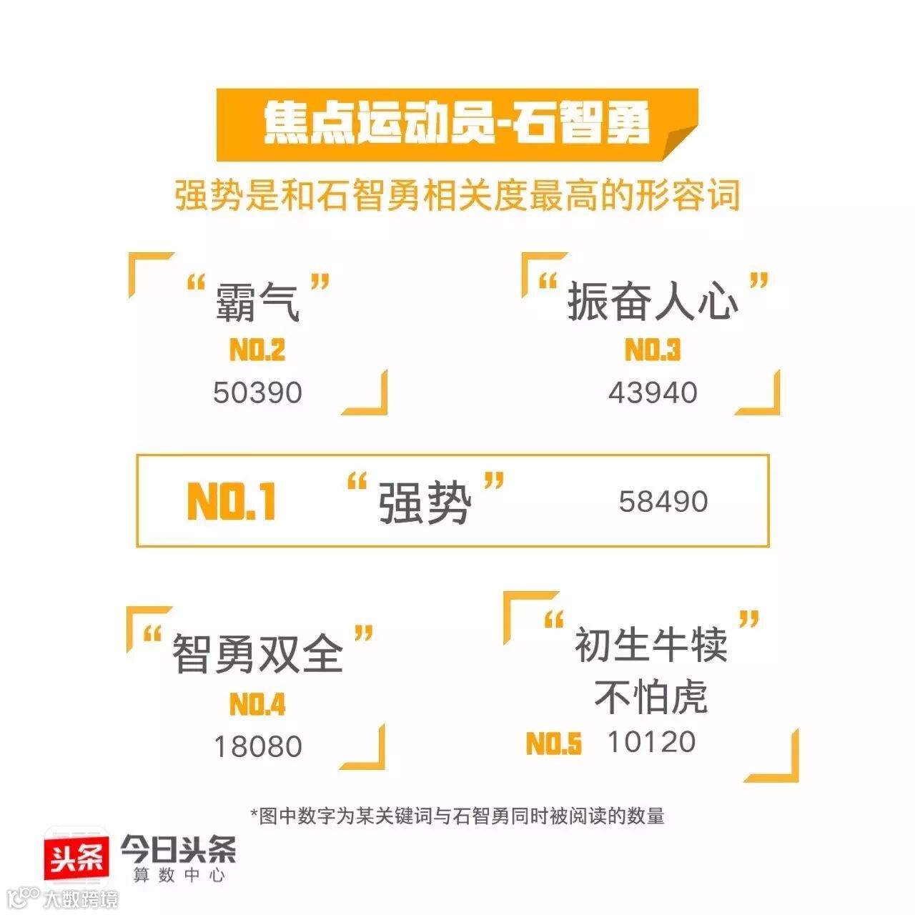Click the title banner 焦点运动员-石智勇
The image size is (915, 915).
(457, 124)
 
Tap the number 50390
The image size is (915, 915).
(258, 392)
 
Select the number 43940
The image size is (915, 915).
(653, 392)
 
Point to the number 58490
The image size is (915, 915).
(663, 501)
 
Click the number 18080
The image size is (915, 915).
(258, 746)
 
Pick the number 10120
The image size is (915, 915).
(651, 742)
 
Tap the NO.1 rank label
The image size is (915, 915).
(232, 501)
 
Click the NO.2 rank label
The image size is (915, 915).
(257, 350)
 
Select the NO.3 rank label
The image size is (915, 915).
(653, 350)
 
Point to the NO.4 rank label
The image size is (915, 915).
(257, 705)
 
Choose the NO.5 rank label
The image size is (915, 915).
(554, 744)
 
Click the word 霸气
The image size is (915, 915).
(257, 302)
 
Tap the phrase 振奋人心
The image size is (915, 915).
(653, 302)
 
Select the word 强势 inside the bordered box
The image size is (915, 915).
(425, 503)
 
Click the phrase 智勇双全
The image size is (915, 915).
(258, 653)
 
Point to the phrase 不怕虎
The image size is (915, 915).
(651, 696)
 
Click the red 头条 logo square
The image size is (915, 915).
(77, 858)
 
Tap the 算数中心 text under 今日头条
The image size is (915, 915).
(179, 875)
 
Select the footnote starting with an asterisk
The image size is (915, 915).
(457, 816)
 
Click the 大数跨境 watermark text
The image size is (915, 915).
(80, 899)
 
